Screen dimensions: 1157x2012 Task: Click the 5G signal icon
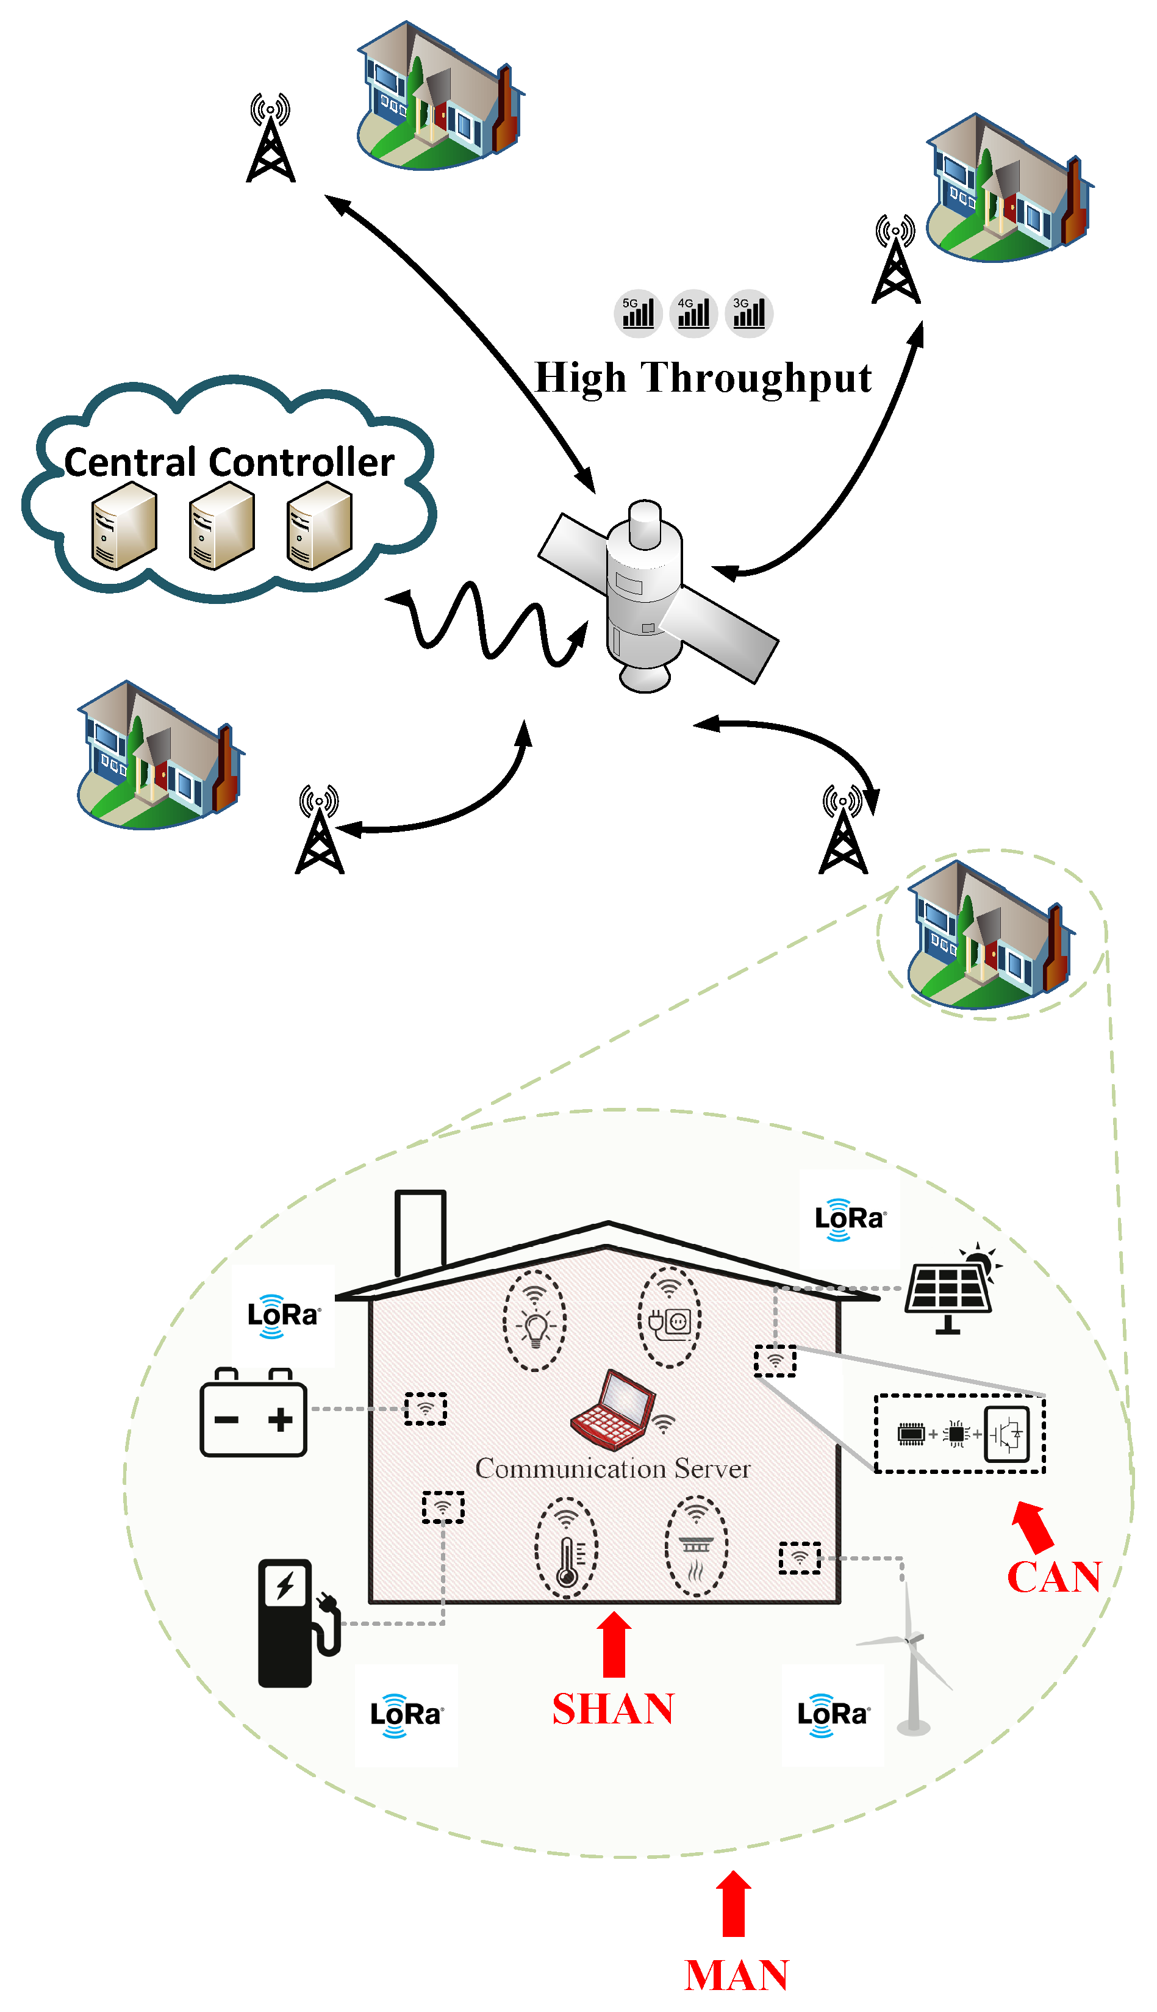coord(638,313)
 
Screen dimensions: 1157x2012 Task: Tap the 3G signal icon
coord(750,313)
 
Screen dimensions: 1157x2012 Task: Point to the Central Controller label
coord(229,462)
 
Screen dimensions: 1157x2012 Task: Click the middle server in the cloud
coord(222,526)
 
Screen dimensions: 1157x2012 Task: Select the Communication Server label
coord(613,1468)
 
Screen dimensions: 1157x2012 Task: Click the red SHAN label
coord(613,1709)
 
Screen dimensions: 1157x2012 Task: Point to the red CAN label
coord(1054,1578)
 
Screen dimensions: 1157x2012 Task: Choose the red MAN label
coord(736,1975)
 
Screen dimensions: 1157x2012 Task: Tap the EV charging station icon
coord(298,1623)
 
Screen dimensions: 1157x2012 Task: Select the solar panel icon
coord(952,1289)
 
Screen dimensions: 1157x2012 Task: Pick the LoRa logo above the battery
coord(283,1316)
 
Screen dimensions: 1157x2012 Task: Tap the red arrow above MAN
coord(734,1904)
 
